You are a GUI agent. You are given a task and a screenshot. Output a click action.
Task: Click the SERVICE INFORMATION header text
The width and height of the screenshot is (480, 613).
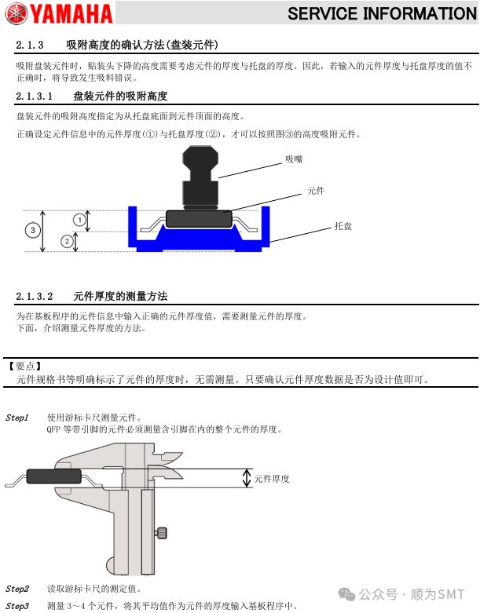[x=382, y=13]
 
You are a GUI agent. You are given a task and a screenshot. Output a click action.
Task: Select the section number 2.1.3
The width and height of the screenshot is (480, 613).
[x=29, y=44]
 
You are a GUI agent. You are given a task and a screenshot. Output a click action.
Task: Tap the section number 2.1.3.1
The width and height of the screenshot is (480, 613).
[x=34, y=97]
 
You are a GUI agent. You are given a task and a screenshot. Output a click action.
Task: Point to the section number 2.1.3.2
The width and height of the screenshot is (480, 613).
[x=34, y=297]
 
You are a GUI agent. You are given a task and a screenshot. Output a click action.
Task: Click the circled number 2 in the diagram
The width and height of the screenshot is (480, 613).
[x=67, y=242]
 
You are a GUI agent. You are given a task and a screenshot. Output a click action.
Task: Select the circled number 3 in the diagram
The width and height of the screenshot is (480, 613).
[x=32, y=231]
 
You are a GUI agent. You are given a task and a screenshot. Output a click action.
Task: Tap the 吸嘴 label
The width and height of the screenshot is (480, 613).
[x=294, y=159]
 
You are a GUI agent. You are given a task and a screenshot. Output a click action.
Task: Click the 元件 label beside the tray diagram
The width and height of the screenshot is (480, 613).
[x=316, y=191]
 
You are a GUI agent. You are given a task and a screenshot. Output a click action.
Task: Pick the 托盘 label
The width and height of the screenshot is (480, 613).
[x=343, y=226]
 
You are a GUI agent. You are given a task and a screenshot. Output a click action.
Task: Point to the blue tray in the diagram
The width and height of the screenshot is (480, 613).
[x=199, y=243]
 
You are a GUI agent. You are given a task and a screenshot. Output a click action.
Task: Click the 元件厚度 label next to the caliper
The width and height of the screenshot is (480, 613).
[x=272, y=479]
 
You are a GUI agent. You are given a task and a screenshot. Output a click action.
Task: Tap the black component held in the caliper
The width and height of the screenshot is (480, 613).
[x=53, y=476]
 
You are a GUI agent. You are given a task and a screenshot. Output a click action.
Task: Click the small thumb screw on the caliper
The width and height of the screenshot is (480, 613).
[x=161, y=534]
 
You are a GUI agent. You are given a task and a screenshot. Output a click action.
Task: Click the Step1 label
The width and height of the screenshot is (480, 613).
[x=16, y=418]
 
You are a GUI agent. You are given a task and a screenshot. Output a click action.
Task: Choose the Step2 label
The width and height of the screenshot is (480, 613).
[x=16, y=589]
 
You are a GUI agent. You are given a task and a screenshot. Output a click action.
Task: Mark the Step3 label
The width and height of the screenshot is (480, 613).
[x=16, y=606]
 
